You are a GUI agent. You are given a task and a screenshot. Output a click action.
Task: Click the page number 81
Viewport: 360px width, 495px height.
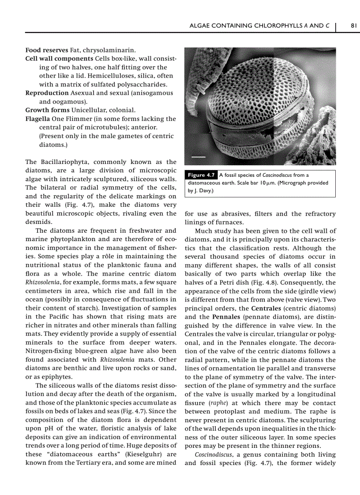(353, 26)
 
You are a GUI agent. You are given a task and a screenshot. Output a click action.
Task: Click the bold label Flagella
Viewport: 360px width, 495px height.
(37, 119)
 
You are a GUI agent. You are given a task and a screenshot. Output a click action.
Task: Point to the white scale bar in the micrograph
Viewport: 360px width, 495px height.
(198, 156)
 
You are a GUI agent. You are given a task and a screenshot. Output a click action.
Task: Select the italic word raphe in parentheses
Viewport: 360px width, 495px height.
(216, 403)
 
